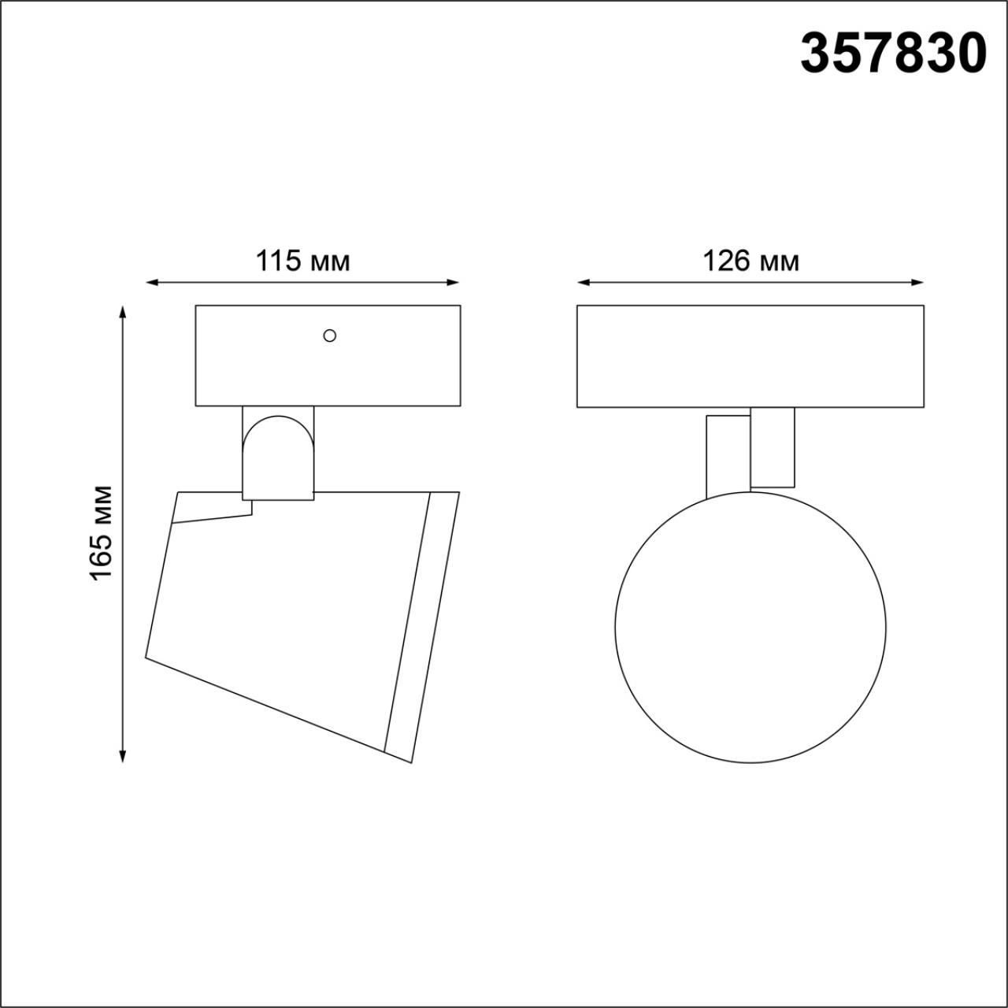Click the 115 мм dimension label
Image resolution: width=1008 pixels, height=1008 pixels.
click(x=302, y=261)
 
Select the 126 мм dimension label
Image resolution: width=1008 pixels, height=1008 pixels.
click(x=751, y=261)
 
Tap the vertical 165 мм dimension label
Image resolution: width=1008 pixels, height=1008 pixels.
click(x=101, y=532)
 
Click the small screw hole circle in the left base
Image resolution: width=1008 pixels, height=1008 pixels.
click(x=329, y=335)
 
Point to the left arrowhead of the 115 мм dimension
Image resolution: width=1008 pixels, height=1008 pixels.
click(x=152, y=283)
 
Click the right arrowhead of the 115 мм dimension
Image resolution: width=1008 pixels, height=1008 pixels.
click(x=453, y=283)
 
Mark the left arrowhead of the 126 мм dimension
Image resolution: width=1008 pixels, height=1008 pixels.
click(x=584, y=283)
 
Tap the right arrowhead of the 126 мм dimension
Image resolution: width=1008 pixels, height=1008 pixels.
click(x=917, y=283)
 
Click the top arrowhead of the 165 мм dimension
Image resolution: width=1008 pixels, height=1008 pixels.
click(x=123, y=313)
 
